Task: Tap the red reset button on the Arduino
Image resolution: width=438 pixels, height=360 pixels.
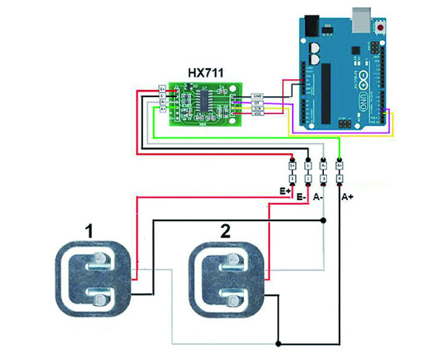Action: click(x=383, y=27)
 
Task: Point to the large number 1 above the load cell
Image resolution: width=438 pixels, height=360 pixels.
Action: click(x=92, y=230)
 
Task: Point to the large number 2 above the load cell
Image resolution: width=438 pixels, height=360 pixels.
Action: click(x=225, y=230)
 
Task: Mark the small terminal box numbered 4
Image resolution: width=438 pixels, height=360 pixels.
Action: click(x=339, y=178)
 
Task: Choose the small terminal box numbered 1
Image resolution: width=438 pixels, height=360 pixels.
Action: click(x=292, y=178)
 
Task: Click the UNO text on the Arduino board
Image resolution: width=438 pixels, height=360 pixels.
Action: click(x=363, y=100)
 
